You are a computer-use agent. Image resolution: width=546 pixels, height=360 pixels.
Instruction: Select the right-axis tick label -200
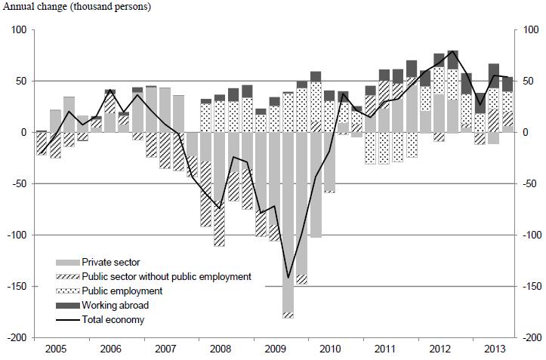(x=532, y=337)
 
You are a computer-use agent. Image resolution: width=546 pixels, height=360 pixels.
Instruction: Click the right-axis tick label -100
(x=532, y=235)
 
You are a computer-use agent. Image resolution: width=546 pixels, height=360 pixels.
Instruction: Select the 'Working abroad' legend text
(x=114, y=305)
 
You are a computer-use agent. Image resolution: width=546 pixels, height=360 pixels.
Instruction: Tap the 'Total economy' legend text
(x=113, y=319)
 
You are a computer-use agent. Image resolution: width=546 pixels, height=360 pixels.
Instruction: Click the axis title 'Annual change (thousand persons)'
(x=79, y=8)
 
